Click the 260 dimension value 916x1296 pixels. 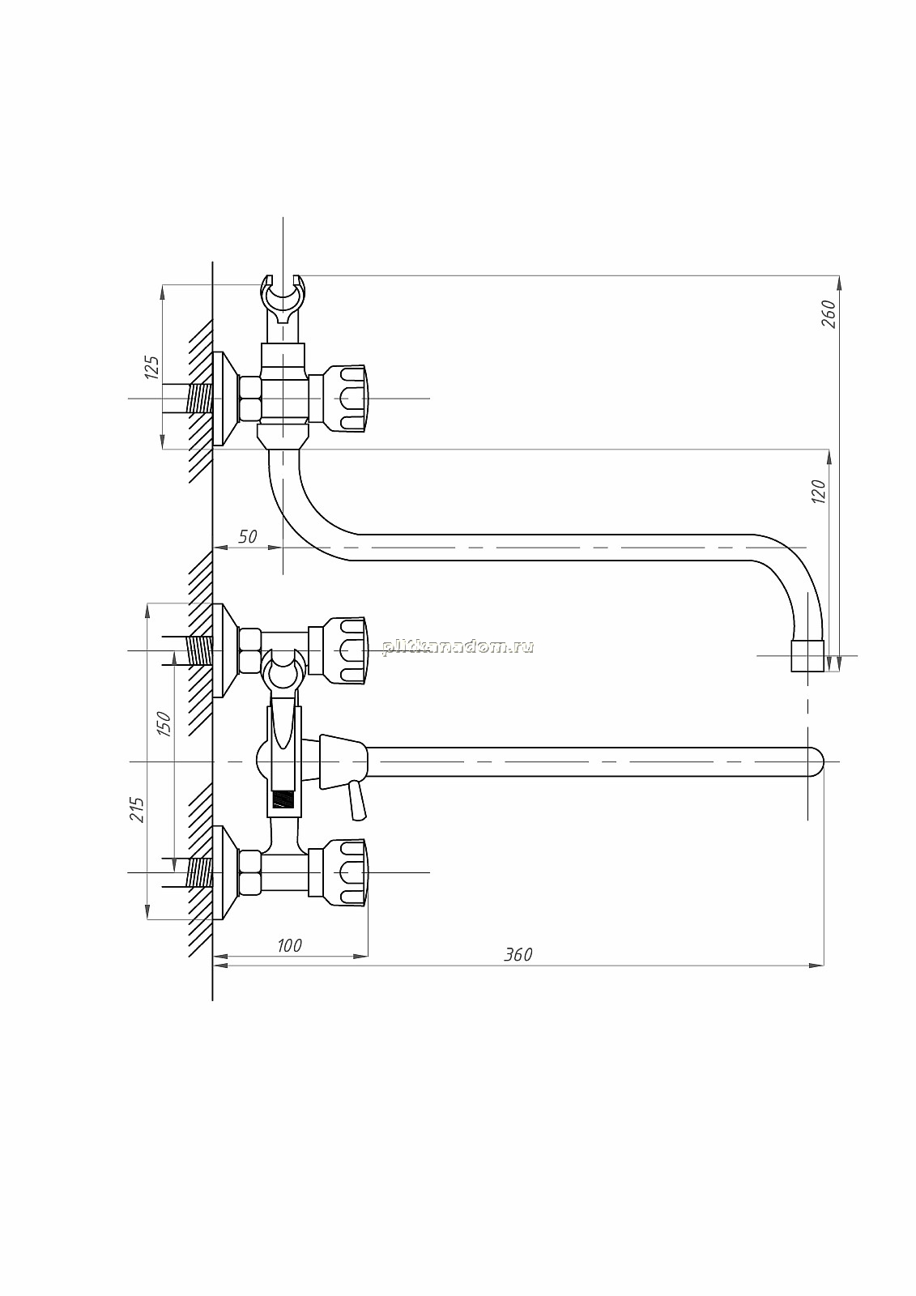coord(829,314)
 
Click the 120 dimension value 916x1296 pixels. coord(819,491)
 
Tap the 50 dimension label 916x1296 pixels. coord(247,536)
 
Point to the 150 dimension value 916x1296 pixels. coord(164,723)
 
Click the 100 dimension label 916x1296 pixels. coord(289,961)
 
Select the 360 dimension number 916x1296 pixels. coord(518,971)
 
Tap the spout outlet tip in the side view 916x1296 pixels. coord(807,655)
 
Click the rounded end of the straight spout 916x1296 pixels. coord(816,761)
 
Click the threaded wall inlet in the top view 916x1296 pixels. coord(199,399)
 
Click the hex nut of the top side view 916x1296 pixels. coord(250,399)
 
